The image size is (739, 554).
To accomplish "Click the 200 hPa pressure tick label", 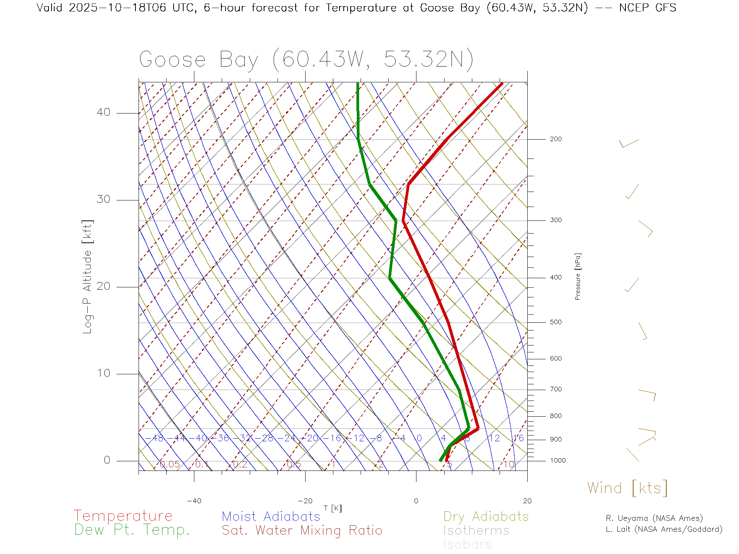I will (x=555, y=139).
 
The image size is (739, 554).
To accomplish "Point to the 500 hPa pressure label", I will (x=555, y=322).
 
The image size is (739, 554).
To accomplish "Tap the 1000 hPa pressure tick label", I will (x=558, y=461).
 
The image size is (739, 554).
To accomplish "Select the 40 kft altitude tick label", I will (x=104, y=112).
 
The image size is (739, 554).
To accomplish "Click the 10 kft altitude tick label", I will (x=104, y=373).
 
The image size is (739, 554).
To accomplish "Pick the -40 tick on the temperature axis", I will (x=194, y=501).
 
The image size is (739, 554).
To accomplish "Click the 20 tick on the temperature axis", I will (x=527, y=501).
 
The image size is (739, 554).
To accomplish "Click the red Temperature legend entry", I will (x=123, y=516).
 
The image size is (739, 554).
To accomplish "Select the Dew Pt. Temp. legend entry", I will (x=132, y=530).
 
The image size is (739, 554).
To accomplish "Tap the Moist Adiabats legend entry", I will (x=271, y=516).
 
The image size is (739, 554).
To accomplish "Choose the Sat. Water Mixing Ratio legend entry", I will (x=302, y=531).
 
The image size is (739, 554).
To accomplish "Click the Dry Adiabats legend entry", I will (x=486, y=516).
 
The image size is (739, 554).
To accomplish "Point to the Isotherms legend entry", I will (x=476, y=531).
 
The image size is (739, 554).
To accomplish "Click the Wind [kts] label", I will (x=627, y=488).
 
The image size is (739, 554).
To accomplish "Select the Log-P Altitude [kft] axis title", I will (x=87, y=277).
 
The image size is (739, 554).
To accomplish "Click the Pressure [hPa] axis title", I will (x=578, y=276).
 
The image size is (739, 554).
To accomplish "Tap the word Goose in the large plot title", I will (x=172, y=60).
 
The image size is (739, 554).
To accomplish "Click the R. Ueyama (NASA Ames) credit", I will (x=654, y=518).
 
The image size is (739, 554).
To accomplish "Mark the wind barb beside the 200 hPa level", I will (x=629, y=143).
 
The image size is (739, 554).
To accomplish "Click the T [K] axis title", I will (x=333, y=508).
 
